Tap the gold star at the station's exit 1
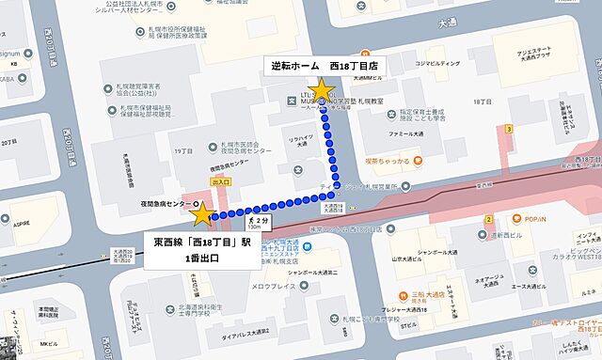(x=202, y=215)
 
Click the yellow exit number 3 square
(x=509, y=128)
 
